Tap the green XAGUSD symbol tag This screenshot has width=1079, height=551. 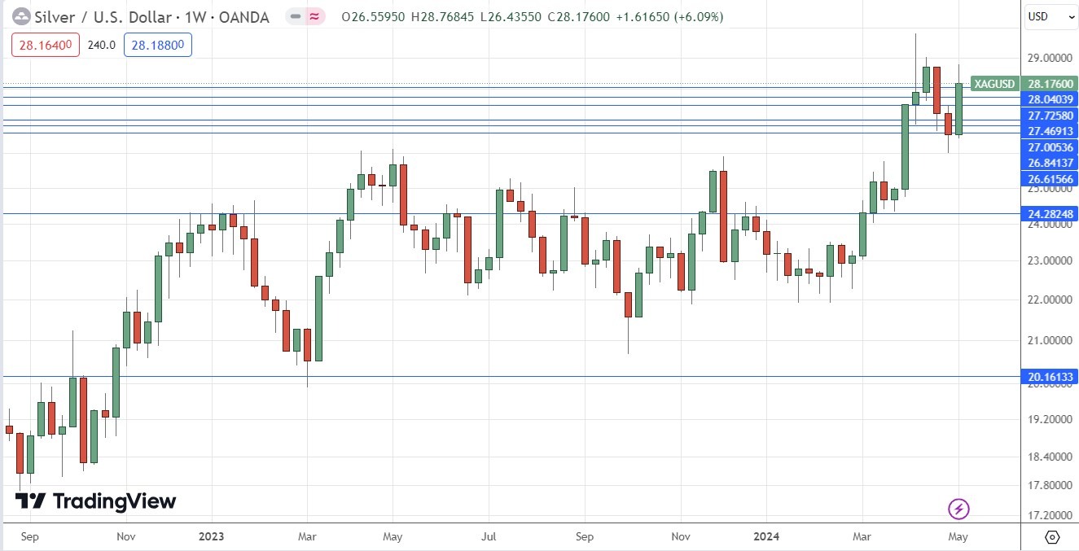994,84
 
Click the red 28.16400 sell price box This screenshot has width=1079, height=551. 46,46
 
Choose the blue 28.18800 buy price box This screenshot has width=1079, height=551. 158,46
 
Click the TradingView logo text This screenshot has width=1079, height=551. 114,501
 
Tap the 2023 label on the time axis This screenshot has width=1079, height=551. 210,537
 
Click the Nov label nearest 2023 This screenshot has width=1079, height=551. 125,537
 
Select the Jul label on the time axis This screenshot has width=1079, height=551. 489,537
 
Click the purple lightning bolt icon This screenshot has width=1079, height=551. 958,509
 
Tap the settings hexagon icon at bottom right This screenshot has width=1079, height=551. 1051,537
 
